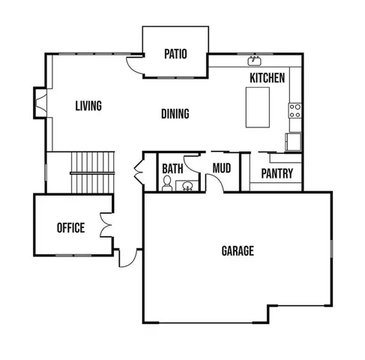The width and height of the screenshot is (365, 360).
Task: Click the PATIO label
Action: pyautogui.click(x=175, y=54)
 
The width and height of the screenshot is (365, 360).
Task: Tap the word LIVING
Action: pyautogui.click(x=88, y=106)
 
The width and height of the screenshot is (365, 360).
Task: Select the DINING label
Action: pyautogui.click(x=175, y=114)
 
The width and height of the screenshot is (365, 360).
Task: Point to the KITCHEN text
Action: pyautogui.click(x=267, y=77)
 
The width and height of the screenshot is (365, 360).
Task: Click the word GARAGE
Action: pyautogui.click(x=237, y=250)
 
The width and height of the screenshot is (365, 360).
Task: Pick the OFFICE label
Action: pyautogui.click(x=71, y=228)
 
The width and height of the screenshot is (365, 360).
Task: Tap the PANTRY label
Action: pyautogui.click(x=276, y=174)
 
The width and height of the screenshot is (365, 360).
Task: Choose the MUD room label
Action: pyautogui.click(x=221, y=168)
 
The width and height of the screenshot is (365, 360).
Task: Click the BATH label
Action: pyautogui.click(x=172, y=168)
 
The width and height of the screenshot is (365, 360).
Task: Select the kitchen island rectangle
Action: pyautogui.click(x=258, y=107)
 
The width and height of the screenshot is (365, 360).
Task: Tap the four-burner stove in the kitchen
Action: pyautogui.click(x=295, y=112)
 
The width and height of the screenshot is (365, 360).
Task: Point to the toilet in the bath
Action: pyautogui.click(x=167, y=184)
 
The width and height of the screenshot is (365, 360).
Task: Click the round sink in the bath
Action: pyautogui.click(x=187, y=185)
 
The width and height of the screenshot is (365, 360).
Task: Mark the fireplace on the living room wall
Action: pyautogui.click(x=40, y=103)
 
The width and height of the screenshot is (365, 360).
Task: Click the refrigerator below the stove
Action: pyautogui.click(x=293, y=141)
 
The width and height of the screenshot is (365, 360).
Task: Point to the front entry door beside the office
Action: pyautogui.click(x=127, y=257)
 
